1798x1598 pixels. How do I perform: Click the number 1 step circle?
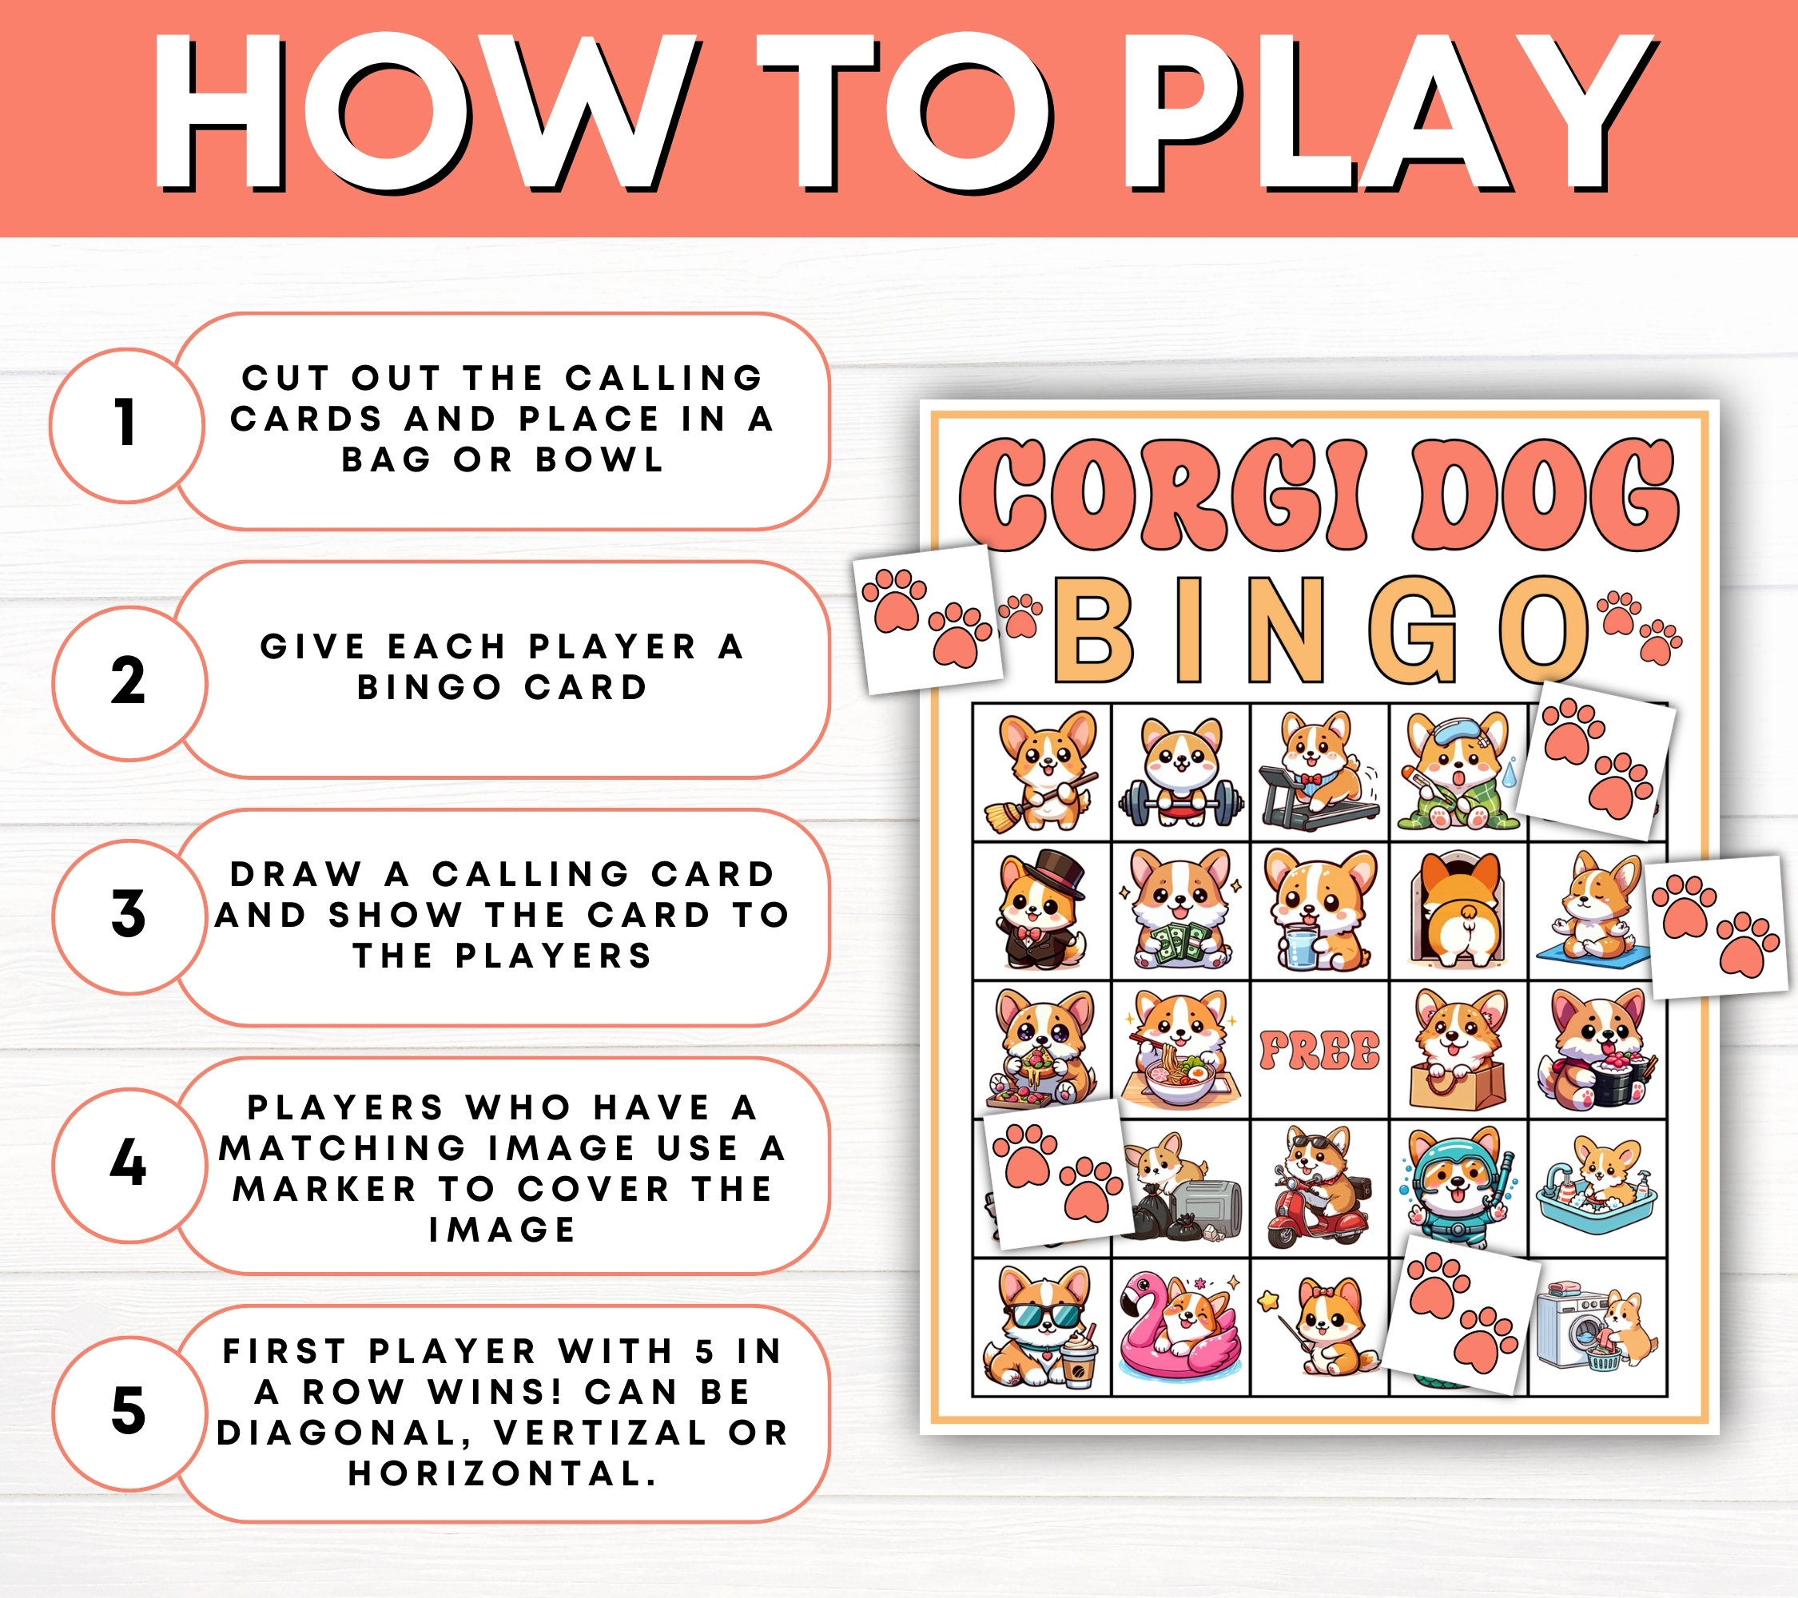(x=127, y=425)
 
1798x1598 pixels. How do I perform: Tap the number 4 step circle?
(x=129, y=1163)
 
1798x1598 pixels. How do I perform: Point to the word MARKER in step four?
(x=324, y=1189)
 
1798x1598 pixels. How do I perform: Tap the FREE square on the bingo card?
(x=1319, y=1050)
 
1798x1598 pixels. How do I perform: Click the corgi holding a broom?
(x=1041, y=771)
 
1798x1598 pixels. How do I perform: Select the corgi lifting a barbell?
(x=1180, y=771)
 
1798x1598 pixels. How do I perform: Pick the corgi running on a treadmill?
(x=1319, y=771)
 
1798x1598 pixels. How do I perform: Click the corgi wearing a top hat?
(x=1041, y=910)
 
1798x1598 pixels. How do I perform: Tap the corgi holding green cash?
(x=1180, y=910)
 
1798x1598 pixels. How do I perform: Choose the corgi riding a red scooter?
(x=1319, y=1187)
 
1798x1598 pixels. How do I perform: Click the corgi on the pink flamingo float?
(x=1180, y=1327)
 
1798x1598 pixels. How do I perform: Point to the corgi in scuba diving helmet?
(x=1458, y=1187)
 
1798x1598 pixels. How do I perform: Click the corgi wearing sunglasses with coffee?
(x=1041, y=1327)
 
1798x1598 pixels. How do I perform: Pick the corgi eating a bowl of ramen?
(x=1180, y=1050)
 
